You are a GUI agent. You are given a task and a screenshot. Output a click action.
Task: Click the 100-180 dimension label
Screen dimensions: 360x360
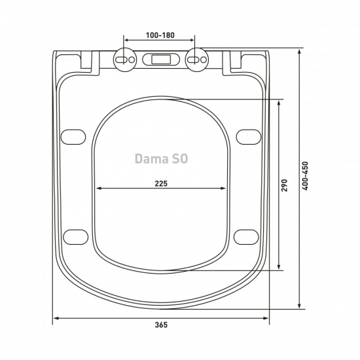160,35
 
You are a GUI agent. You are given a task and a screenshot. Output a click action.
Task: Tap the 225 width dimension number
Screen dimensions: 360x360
161,183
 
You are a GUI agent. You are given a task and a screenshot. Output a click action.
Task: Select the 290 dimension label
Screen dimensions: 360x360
284,185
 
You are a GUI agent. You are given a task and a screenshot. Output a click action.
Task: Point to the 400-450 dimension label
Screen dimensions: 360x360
305,176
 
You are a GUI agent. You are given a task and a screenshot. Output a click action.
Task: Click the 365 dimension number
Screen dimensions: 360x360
161,325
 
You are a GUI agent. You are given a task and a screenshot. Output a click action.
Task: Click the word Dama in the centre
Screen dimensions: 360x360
149,158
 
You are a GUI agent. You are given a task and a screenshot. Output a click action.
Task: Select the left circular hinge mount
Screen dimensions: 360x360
124,60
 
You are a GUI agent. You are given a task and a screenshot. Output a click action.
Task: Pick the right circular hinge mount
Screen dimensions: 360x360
197,60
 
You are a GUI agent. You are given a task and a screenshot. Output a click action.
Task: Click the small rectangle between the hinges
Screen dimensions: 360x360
161,60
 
